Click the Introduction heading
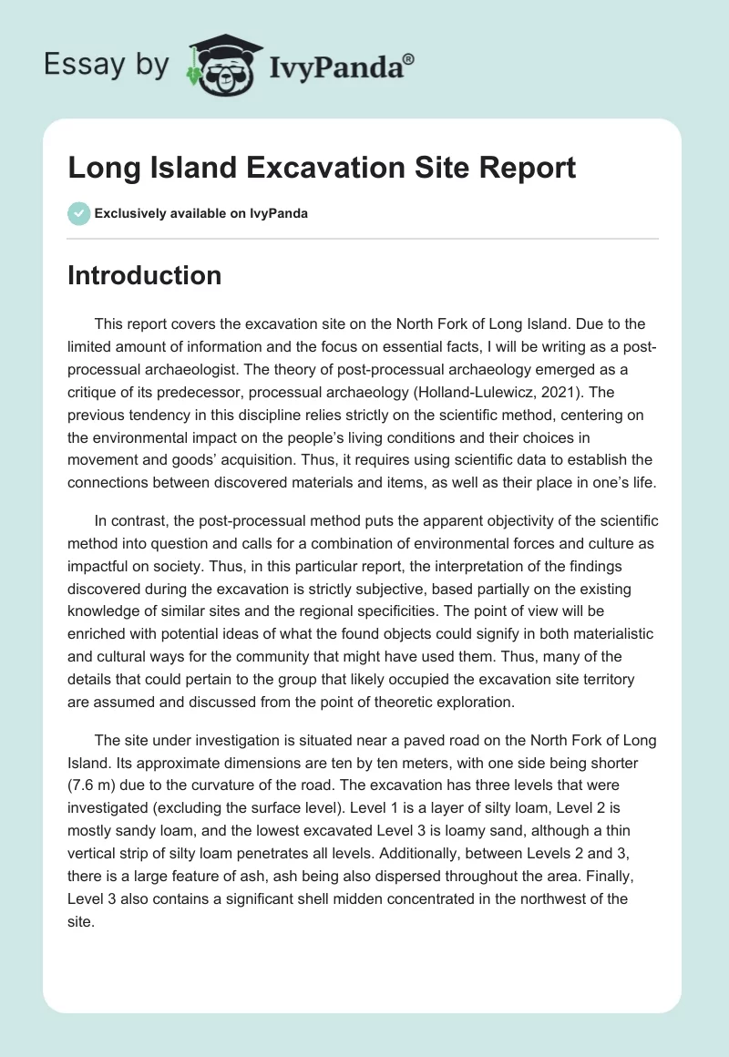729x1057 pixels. click(x=144, y=275)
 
